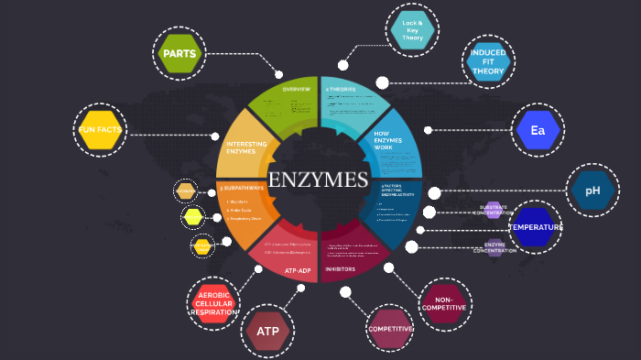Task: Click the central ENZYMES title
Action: [x=318, y=180]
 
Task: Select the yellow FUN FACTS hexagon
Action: [x=100, y=130]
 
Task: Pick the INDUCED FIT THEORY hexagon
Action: [x=488, y=62]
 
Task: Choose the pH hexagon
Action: [x=592, y=191]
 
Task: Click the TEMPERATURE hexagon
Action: [x=536, y=227]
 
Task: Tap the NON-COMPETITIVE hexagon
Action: [x=444, y=304]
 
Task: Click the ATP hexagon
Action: [x=267, y=331]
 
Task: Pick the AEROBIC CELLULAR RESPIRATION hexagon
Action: [x=213, y=301]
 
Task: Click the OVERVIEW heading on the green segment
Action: [x=296, y=89]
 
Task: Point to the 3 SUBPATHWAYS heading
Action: [x=242, y=188]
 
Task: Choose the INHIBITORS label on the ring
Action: [x=340, y=269]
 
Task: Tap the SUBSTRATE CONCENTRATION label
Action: [x=499, y=210]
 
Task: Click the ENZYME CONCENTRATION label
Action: [x=495, y=247]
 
